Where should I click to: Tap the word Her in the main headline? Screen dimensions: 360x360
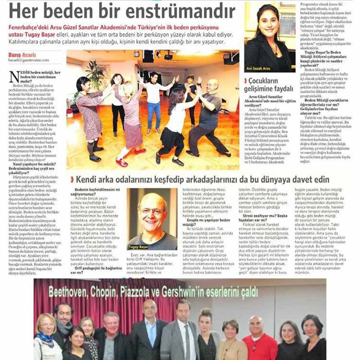pos(27,10)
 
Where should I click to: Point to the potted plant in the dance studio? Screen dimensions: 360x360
pos(95,74)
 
